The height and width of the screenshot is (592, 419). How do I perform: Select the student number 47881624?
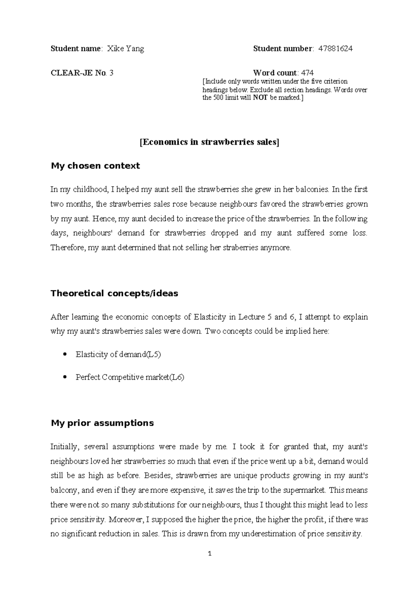click(x=335, y=49)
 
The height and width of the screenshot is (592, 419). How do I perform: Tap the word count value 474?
click(x=307, y=73)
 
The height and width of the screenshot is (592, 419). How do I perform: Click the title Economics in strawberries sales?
click(x=209, y=142)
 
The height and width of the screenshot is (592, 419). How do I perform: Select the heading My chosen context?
click(x=95, y=166)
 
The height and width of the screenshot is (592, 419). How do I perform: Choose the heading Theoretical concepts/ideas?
click(x=115, y=293)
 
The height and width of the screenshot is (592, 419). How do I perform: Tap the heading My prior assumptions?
click(x=102, y=423)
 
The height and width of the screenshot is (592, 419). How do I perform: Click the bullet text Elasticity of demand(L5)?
click(x=118, y=355)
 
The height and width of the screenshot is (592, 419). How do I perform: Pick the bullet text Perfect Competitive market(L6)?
click(x=130, y=377)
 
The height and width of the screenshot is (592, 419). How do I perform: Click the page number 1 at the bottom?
click(x=209, y=554)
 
